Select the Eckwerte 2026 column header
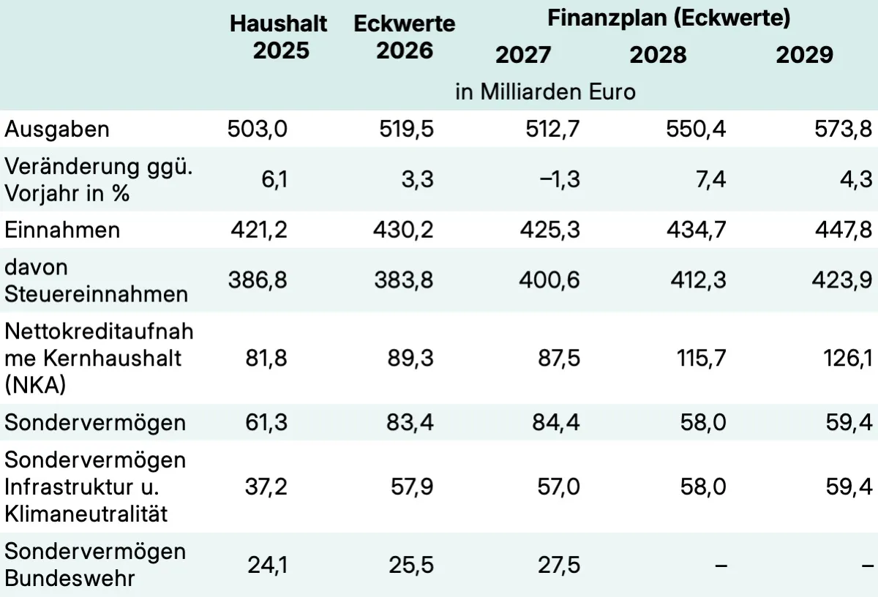pyautogui.click(x=404, y=37)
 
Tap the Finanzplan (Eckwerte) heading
pyautogui.click(x=669, y=18)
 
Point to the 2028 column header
pyautogui.click(x=658, y=55)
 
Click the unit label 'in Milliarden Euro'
pyautogui.click(x=545, y=93)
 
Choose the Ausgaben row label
pyautogui.click(x=57, y=129)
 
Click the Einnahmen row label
pyautogui.click(x=61, y=230)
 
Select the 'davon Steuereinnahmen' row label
pyautogui.click(x=96, y=280)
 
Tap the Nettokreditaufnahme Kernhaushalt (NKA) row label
pyautogui.click(x=99, y=358)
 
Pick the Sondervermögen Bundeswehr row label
pyautogui.click(x=95, y=565)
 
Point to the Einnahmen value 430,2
pyautogui.click(x=406, y=230)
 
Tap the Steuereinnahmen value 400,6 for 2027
pyautogui.click(x=554, y=280)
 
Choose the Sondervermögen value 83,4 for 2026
pyautogui.click(x=410, y=423)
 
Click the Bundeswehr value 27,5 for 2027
pyautogui.click(x=558, y=565)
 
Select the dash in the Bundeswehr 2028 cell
pyautogui.click(x=721, y=565)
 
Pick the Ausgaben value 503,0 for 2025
pyautogui.click(x=258, y=129)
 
